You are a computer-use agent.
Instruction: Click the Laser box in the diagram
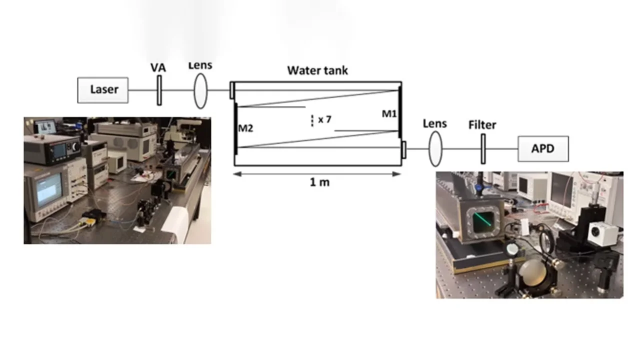tap(103, 90)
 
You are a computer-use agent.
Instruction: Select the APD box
tap(543, 148)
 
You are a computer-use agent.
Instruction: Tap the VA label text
tap(158, 67)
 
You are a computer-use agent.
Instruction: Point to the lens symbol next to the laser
tap(200, 90)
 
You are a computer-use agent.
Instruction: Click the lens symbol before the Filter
tap(435, 148)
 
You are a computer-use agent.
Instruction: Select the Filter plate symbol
tap(483, 148)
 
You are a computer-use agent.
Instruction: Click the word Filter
tap(482, 124)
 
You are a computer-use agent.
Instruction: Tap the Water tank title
tap(317, 70)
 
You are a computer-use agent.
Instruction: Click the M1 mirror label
tap(389, 114)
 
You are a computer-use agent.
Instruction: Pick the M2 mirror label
tap(245, 128)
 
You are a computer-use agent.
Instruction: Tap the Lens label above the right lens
tap(434, 123)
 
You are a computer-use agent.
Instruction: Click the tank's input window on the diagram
tap(232, 90)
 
